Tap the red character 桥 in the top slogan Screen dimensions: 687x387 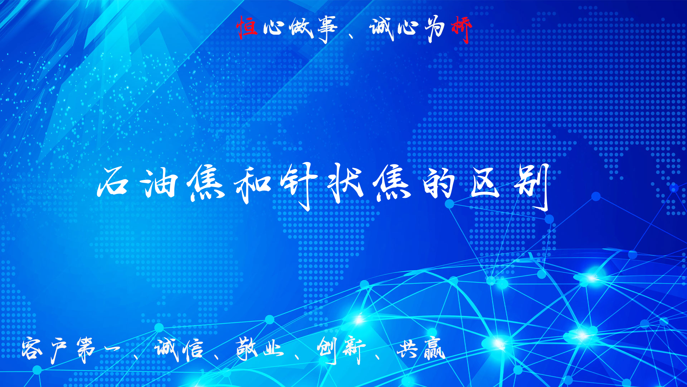(x=462, y=30)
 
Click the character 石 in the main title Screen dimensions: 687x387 (x=113, y=182)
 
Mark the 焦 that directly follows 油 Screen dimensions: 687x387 (x=206, y=184)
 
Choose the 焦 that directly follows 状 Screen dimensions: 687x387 (x=392, y=183)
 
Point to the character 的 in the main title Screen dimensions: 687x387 (x=439, y=183)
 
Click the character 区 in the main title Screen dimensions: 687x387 (x=484, y=181)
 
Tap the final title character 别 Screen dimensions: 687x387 (x=532, y=186)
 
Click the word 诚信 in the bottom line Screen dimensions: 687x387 (x=179, y=349)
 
